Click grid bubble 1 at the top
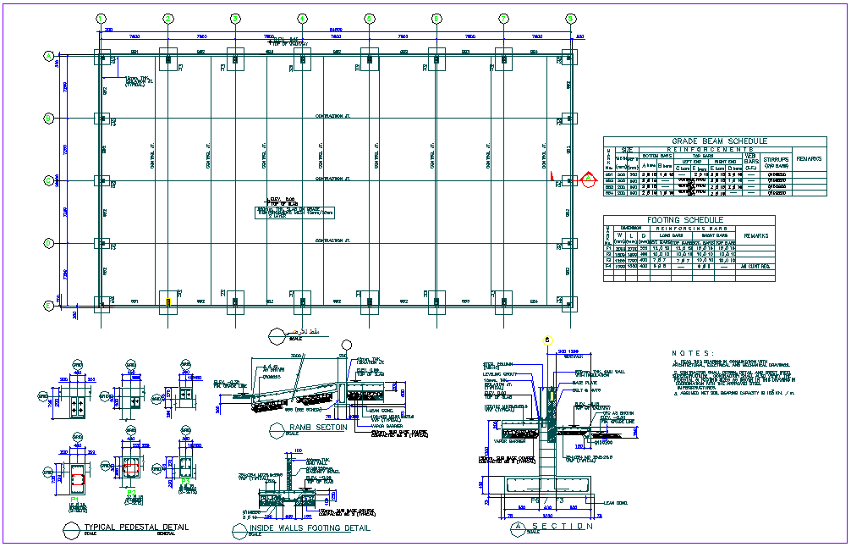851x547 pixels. pyautogui.click(x=101, y=18)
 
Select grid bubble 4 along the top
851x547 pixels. pyautogui.click(x=302, y=18)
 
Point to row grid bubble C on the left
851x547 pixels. pyautogui.click(x=49, y=180)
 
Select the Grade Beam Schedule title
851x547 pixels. pyautogui.click(x=720, y=141)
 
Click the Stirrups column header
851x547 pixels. pyautogui.click(x=776, y=158)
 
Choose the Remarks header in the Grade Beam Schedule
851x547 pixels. pyautogui.click(x=809, y=158)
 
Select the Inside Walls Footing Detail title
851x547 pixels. pyautogui.click(x=309, y=528)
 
